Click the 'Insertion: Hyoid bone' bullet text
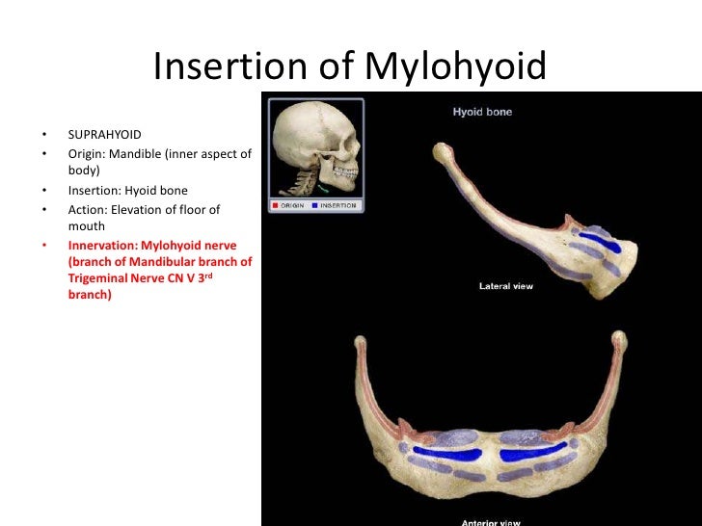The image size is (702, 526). click(x=127, y=190)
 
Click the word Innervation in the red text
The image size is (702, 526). click(x=104, y=245)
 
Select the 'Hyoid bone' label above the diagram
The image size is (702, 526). click(x=482, y=112)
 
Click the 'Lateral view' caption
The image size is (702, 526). click(x=505, y=286)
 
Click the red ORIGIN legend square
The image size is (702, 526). click(x=276, y=205)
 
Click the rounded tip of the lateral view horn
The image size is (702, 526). click(x=442, y=151)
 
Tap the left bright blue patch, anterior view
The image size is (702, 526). click(x=446, y=454)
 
